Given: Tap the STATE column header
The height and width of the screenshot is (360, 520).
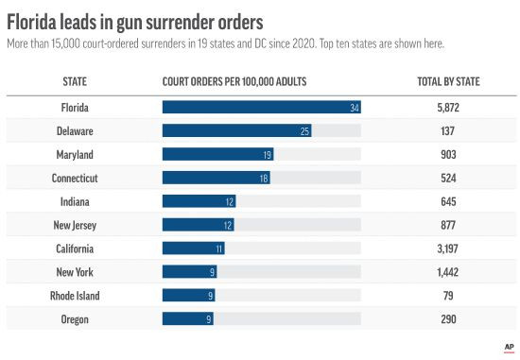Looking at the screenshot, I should click(x=75, y=82).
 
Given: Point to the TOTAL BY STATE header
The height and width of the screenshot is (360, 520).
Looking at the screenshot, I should click(x=448, y=82).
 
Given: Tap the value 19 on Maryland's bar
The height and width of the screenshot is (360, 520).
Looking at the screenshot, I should click(x=268, y=154).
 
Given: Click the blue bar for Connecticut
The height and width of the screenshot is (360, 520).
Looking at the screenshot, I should click(x=217, y=178).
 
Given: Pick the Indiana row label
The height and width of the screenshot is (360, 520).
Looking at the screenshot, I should click(x=75, y=201).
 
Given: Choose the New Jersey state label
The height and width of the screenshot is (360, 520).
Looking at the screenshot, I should click(x=75, y=225).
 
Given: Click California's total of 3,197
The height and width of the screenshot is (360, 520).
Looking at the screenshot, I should click(x=448, y=249).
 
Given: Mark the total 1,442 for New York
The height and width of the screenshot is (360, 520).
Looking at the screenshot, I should click(x=448, y=272).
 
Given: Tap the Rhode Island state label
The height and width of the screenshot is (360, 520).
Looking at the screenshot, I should click(x=75, y=296).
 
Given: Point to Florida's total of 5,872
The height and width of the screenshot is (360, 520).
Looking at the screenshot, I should click(x=448, y=107).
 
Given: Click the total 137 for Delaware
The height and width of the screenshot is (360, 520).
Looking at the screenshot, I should click(x=448, y=130).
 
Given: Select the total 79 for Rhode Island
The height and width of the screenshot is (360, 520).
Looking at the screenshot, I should click(x=448, y=296).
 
